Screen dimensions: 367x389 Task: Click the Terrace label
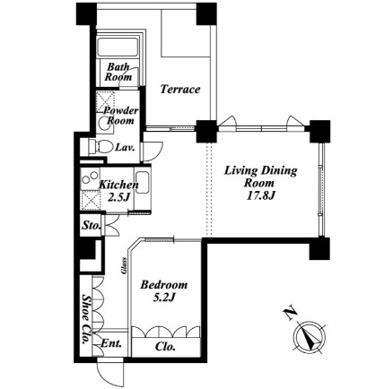[180, 89]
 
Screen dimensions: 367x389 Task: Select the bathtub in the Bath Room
[118, 47]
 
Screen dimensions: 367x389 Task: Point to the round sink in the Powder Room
[105, 123]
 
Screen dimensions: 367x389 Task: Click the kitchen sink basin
[142, 183]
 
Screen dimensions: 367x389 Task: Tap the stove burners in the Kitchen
[91, 177]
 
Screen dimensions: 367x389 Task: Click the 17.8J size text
[260, 195]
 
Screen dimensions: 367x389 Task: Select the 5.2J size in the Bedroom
[163, 297]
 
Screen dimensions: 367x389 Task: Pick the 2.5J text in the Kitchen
[118, 197]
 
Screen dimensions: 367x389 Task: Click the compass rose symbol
[310, 338]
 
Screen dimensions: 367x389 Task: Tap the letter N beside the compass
[290, 313]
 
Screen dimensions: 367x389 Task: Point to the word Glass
[124, 265]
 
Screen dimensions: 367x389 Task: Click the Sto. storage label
[91, 225]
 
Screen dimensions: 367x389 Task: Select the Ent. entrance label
[111, 343]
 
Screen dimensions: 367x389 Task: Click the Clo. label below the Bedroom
[165, 347]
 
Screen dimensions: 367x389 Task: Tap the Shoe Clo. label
[87, 319]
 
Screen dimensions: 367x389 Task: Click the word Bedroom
[164, 285]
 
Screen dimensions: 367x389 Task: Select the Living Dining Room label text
[261, 177]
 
